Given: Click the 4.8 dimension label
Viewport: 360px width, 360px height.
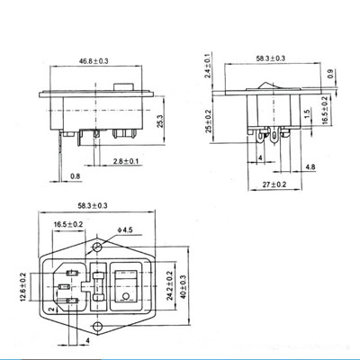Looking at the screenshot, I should (310, 167).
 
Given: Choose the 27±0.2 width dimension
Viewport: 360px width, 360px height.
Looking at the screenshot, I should (273, 185).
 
